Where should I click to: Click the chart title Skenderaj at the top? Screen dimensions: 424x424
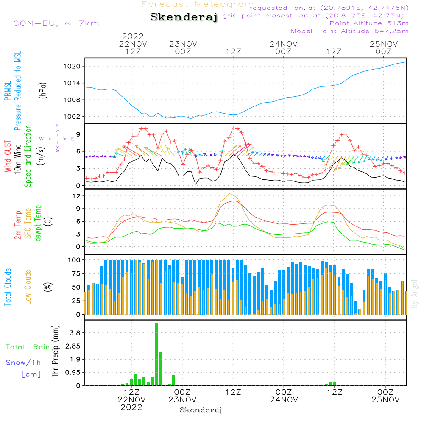pyautogui.click(x=184, y=17)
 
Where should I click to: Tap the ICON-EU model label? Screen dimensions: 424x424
pyautogui.click(x=54, y=23)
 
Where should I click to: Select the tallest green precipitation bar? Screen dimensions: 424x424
pyautogui.click(x=156, y=354)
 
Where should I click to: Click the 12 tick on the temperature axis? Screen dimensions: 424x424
pyautogui.click(x=77, y=196)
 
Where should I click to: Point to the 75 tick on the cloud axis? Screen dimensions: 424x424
pyautogui.click(x=77, y=273)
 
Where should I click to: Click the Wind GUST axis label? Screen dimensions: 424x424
pyautogui.click(x=8, y=156)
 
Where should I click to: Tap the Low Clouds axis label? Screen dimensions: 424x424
pyautogui.click(x=28, y=287)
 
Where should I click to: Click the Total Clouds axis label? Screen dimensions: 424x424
pyautogui.click(x=8, y=287)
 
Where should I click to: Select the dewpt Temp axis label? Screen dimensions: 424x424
pyautogui.click(x=38, y=224)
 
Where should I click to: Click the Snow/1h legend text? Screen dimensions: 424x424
pyautogui.click(x=23, y=363)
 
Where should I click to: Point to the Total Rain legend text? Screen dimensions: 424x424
pyautogui.click(x=28, y=347)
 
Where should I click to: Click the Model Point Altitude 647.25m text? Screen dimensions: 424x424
pyautogui.click(x=350, y=31)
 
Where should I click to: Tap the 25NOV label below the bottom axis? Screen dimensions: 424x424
pyautogui.click(x=385, y=399)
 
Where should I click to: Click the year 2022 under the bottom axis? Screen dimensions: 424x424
pyautogui.click(x=131, y=407)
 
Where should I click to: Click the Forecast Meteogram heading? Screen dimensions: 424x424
pyautogui.click(x=198, y=4)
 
